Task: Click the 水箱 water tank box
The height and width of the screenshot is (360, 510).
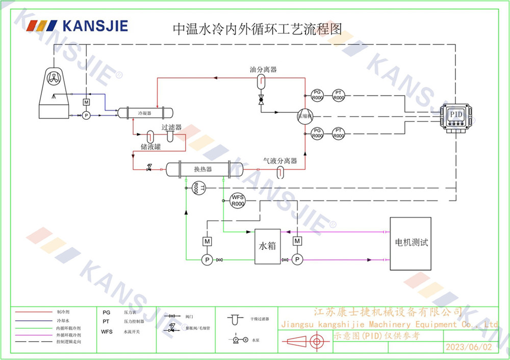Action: (268, 246)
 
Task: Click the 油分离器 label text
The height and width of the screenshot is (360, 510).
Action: (263, 70)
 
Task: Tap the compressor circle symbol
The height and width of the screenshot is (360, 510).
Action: (305, 116)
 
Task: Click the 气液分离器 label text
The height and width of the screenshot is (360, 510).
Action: (280, 161)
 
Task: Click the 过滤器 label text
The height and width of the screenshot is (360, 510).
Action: (171, 127)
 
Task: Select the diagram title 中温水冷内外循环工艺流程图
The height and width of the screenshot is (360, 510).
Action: (257, 29)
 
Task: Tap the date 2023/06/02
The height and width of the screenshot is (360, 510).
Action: (469, 347)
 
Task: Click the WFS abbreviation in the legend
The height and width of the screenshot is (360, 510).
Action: (107, 331)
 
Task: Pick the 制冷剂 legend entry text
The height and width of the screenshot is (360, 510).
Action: (63, 311)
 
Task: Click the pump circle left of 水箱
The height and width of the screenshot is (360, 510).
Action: (208, 260)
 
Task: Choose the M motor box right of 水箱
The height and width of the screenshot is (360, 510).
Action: (297, 240)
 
